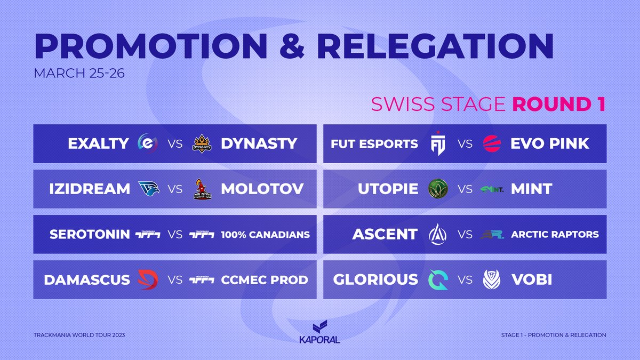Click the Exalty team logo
(147, 143)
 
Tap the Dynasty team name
(259, 143)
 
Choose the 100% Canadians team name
(265, 234)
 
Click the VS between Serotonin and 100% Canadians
(175, 234)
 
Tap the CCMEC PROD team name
(264, 279)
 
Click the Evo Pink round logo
(492, 143)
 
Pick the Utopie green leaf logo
(438, 188)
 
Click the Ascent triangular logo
(438, 234)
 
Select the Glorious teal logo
(438, 279)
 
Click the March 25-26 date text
(79, 73)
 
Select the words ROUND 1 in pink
(559, 104)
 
